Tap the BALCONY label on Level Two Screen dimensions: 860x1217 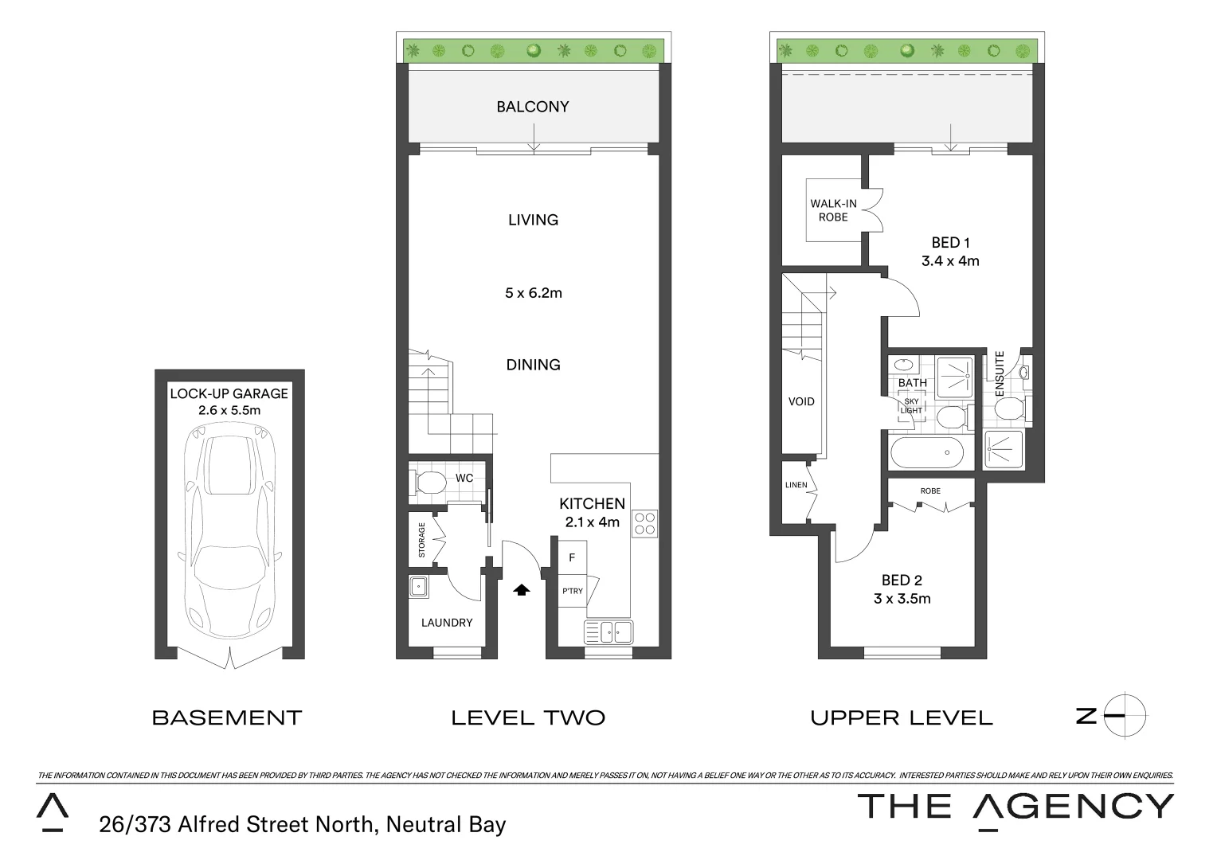(532, 107)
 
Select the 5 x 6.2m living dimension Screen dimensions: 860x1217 (533, 293)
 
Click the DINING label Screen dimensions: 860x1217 (533, 365)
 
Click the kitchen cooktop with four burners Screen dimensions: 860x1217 (644, 523)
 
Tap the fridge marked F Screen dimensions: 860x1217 (572, 558)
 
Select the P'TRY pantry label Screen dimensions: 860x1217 (572, 591)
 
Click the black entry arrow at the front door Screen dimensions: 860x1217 (521, 590)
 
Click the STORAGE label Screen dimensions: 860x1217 (422, 540)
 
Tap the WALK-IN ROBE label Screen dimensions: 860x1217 (833, 210)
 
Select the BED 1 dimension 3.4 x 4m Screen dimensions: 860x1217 (950, 261)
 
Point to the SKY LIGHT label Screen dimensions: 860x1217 (911, 406)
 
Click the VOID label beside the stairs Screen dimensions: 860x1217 (801, 402)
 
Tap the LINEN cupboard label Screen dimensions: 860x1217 (796, 485)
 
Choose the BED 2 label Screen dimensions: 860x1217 (902, 580)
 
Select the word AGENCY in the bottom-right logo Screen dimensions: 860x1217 (1073, 807)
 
